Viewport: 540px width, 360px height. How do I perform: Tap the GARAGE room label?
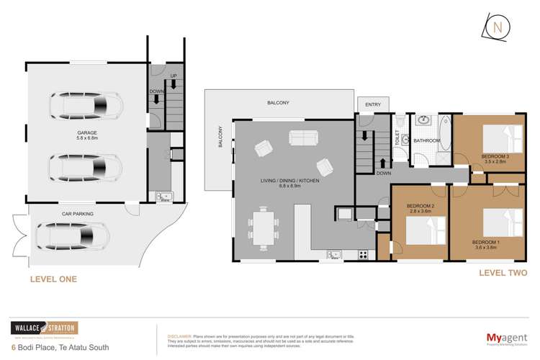tap(87, 133)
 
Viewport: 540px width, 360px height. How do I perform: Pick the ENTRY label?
tap(372, 105)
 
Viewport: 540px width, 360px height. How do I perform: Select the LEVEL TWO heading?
tap(503, 273)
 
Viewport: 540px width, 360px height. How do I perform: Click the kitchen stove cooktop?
tap(362, 253)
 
